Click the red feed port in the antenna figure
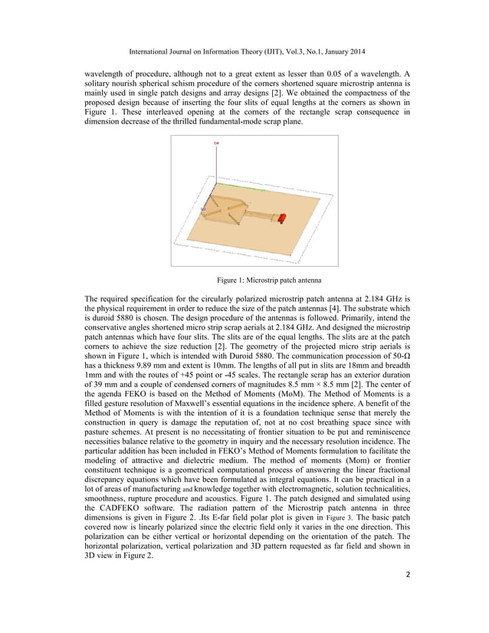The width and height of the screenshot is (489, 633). click(x=281, y=218)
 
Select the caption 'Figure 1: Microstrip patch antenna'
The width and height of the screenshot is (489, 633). click(x=244, y=278)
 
